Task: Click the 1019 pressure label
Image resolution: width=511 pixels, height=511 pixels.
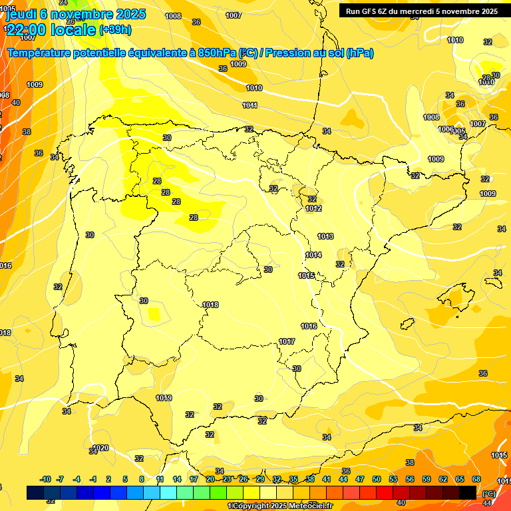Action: coord(164,398)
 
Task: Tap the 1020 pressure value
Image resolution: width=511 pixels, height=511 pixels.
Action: coord(100,448)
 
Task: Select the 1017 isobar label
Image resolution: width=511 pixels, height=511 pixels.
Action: coord(287,341)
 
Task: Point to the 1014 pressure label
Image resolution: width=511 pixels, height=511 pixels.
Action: coord(313,255)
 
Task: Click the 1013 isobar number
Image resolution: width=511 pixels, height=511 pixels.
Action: coord(325,236)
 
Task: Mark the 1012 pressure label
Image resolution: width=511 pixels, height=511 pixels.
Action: coord(314,208)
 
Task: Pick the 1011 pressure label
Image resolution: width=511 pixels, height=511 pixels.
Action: coord(250,105)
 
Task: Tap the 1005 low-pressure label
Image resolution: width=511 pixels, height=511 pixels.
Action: coord(458,131)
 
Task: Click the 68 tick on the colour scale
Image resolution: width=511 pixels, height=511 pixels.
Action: coord(476,479)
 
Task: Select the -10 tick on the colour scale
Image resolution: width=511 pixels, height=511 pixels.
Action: coord(46,479)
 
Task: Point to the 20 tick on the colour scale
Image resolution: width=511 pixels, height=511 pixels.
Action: coord(210,479)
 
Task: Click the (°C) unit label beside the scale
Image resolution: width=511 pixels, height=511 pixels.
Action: coord(488,494)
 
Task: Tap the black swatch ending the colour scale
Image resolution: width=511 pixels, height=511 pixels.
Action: coord(468,492)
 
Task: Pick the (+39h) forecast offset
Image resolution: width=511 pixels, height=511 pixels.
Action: coord(114,30)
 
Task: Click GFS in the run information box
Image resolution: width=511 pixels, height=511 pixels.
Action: coord(371,11)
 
